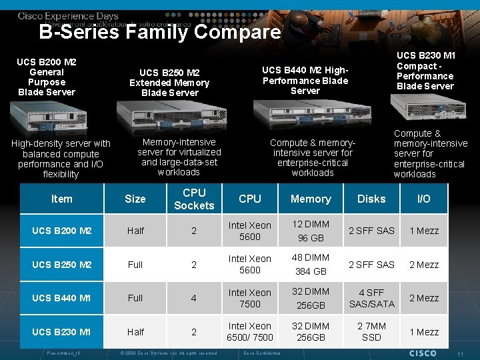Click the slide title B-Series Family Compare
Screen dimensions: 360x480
click(160, 32)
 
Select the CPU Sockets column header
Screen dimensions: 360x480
click(194, 199)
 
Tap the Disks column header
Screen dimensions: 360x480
click(371, 199)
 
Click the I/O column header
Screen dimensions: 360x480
click(424, 199)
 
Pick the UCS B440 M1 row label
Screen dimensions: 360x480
click(61, 298)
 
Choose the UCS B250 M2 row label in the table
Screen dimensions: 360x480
click(61, 265)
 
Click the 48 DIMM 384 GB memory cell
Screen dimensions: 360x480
click(311, 265)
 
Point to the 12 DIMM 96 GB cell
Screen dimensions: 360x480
click(311, 231)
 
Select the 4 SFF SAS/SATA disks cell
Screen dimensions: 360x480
click(371, 298)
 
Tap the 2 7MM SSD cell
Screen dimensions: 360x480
click(371, 331)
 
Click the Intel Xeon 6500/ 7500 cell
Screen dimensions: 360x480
click(250, 331)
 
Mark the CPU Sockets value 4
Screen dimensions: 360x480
click(194, 298)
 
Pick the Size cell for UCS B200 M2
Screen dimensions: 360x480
click(135, 231)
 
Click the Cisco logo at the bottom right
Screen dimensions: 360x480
click(423, 352)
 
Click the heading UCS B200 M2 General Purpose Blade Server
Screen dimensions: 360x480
click(47, 77)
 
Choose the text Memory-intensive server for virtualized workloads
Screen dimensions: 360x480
click(179, 157)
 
